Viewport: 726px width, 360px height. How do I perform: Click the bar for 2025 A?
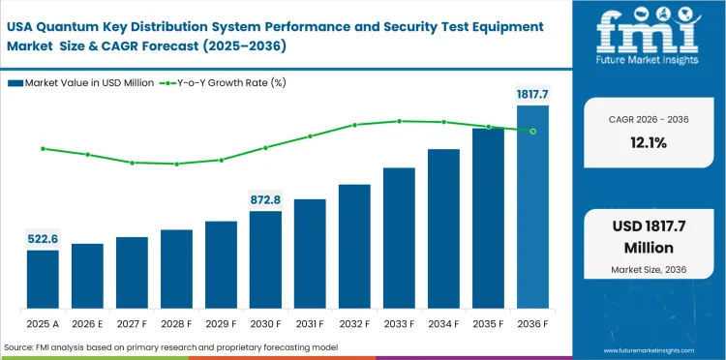43,279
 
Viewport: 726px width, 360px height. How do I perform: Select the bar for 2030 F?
265,259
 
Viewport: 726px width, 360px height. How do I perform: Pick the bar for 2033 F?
399,237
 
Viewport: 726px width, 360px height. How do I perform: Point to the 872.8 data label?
265,199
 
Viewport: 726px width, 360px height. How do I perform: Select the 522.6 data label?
43,238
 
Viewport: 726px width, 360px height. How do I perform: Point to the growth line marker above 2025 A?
43,148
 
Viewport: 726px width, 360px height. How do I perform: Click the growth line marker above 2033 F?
399,121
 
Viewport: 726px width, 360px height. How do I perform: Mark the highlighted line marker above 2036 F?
532,131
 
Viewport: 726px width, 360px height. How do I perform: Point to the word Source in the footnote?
20,346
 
